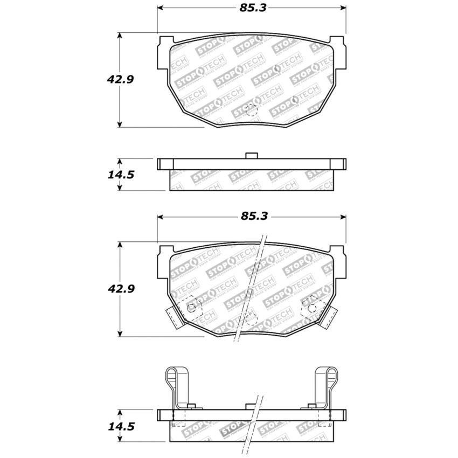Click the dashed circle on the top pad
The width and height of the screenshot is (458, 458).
pyautogui.click(x=251, y=110)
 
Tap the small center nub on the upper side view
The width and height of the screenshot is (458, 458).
pyautogui.click(x=251, y=156)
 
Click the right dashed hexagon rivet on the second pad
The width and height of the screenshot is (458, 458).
pyautogui.click(x=311, y=307)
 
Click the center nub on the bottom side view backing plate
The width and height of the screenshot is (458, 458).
pyautogui.click(x=251, y=406)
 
